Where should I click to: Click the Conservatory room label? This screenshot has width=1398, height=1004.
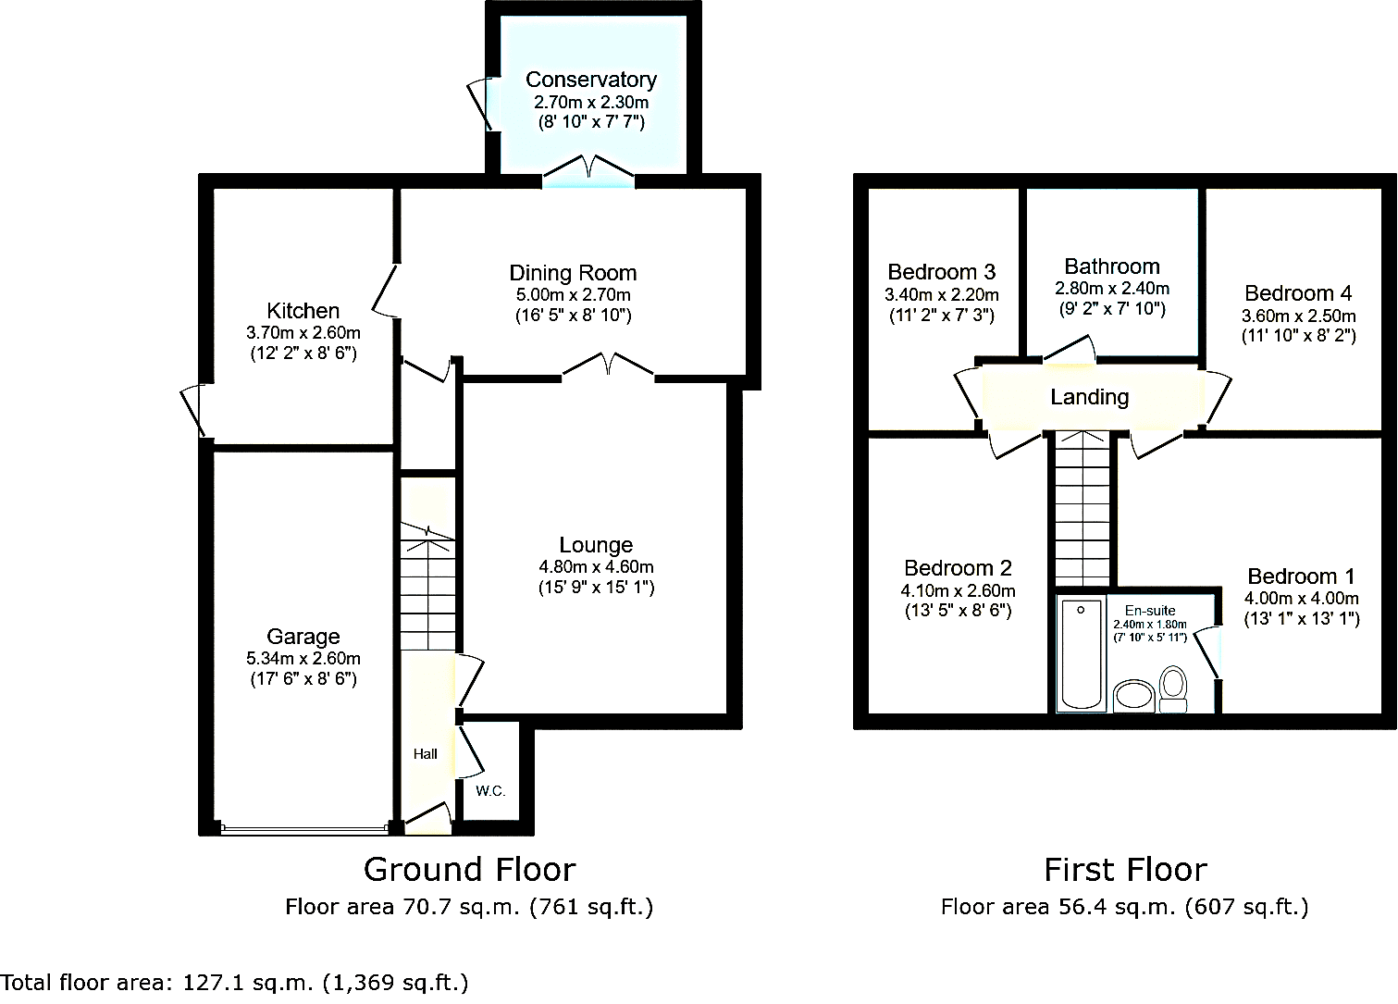(x=591, y=80)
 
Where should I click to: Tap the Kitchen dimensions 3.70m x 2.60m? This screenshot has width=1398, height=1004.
(x=303, y=333)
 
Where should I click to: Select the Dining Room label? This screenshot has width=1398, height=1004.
(x=573, y=273)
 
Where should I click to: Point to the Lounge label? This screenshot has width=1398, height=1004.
(x=596, y=545)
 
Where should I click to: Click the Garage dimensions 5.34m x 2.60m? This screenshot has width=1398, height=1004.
(x=303, y=658)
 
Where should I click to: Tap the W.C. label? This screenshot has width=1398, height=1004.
(x=490, y=791)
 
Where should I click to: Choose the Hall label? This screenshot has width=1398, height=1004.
(x=425, y=754)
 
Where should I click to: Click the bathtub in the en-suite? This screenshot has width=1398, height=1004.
(x=1082, y=654)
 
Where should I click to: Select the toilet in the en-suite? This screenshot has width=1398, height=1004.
(x=1173, y=689)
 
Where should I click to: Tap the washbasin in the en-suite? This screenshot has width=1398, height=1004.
(x=1134, y=696)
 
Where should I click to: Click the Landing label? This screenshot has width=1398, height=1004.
(x=1090, y=397)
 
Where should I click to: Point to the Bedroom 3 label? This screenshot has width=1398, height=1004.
(x=942, y=272)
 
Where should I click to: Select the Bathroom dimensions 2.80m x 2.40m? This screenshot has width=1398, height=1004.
(x=1112, y=289)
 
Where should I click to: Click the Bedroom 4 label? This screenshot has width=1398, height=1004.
(x=1298, y=292)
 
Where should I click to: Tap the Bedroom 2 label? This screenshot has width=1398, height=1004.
(x=958, y=568)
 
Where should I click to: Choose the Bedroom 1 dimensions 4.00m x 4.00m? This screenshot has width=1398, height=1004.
(x=1301, y=598)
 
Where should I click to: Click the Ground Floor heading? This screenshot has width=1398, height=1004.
(x=469, y=870)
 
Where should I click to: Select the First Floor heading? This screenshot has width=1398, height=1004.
(x=1125, y=870)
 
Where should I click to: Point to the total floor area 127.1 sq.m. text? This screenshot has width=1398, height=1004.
(x=234, y=983)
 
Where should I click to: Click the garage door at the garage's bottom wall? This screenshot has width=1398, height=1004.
(x=304, y=830)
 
